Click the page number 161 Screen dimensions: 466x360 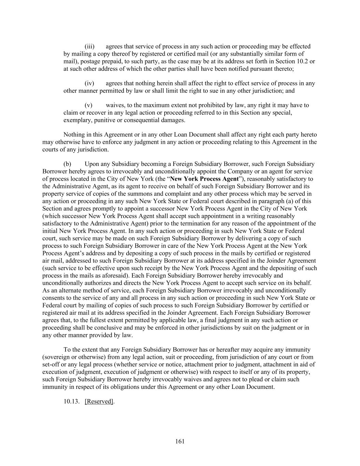[180, 441]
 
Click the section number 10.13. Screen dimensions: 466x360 [72, 401]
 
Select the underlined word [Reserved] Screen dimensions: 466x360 [99, 401]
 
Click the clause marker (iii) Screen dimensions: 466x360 [89, 46]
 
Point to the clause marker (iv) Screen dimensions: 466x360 [89, 83]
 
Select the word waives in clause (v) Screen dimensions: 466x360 [115, 105]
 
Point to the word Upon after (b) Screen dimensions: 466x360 [91, 164]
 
